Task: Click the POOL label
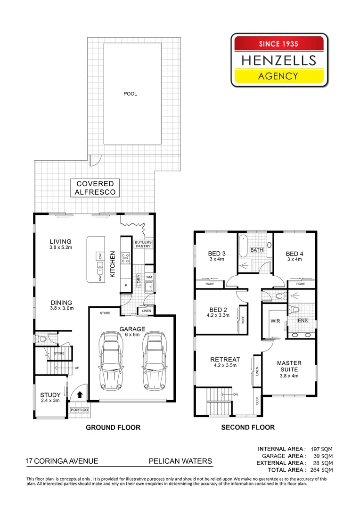pyautogui.click(x=130, y=94)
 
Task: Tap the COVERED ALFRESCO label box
pyautogui.click(x=95, y=188)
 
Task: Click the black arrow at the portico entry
pyautogui.click(x=80, y=394)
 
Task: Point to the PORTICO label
pyautogui.click(x=79, y=410)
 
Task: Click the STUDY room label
pyautogui.click(x=50, y=398)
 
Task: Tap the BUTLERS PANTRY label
pyautogui.click(x=143, y=244)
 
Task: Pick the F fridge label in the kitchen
pyautogui.click(x=126, y=285)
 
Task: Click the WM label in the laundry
pyautogui.click(x=149, y=277)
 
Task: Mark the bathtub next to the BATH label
pyautogui.click(x=243, y=245)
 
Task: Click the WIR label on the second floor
pyautogui.click(x=275, y=321)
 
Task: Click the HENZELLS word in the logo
pyautogui.click(x=279, y=61)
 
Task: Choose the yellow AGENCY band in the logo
pyautogui.click(x=279, y=76)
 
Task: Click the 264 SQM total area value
pyautogui.click(x=322, y=470)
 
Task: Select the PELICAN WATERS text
pyautogui.click(x=180, y=461)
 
